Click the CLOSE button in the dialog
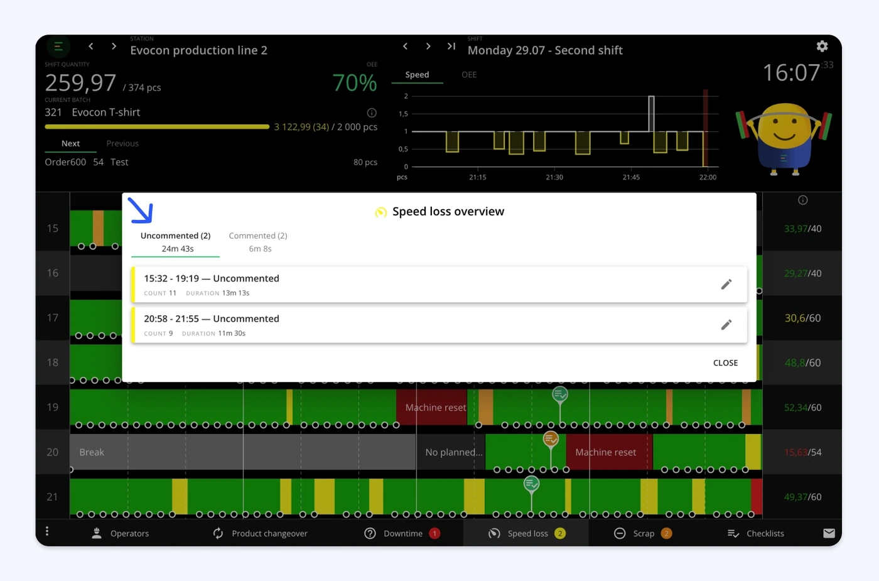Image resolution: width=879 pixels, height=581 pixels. (725, 363)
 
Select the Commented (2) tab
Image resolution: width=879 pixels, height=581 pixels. (258, 242)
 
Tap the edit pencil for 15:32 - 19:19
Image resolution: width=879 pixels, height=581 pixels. (726, 284)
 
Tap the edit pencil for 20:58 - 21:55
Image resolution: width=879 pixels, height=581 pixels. (726, 325)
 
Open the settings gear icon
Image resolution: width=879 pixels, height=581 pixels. (822, 46)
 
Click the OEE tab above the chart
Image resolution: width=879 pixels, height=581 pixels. (469, 75)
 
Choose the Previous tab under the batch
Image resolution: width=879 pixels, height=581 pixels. (122, 143)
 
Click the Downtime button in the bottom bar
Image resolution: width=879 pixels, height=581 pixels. (402, 533)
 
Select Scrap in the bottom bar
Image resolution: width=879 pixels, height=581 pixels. (643, 533)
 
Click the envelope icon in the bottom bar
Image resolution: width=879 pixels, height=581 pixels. (829, 533)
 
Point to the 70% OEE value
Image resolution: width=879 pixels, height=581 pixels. (355, 83)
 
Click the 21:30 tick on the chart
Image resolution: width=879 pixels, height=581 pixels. (554, 177)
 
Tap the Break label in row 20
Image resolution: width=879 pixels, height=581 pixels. (92, 452)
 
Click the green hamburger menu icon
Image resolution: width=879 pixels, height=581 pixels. (58, 46)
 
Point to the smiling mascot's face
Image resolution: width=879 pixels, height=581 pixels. (784, 126)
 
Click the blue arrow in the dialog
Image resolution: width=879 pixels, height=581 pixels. (141, 210)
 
